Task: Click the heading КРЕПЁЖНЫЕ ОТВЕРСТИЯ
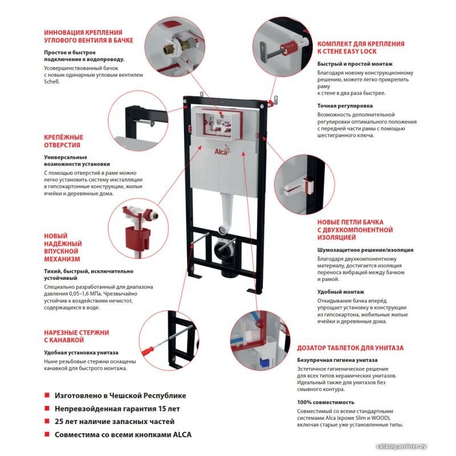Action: [x=63, y=141]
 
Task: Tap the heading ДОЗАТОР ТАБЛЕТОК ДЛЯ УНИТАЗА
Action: [x=351, y=347]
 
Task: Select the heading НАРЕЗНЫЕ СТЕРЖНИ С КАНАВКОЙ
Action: [x=76, y=336]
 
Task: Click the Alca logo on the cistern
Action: [x=221, y=150]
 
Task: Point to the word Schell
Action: [x=52, y=81]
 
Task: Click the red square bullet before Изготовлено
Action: [x=47, y=395]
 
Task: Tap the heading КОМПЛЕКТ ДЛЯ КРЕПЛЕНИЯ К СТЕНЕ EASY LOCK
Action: [x=361, y=47]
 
